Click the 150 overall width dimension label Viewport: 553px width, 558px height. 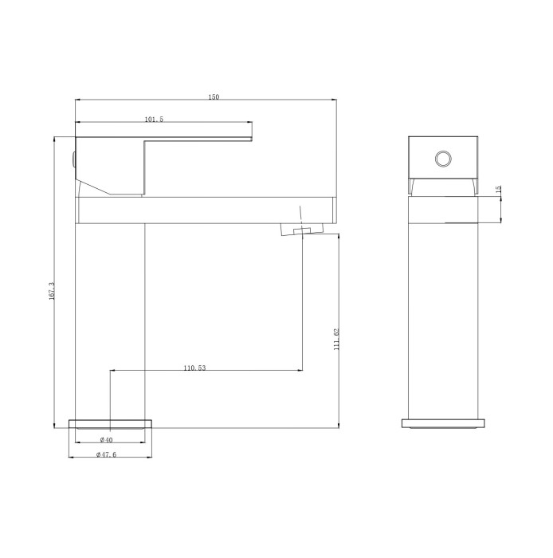point(214,97)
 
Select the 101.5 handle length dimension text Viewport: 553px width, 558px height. point(154,120)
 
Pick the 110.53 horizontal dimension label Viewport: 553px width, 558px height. point(194,368)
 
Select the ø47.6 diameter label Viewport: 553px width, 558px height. point(106,454)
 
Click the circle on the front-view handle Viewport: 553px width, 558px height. point(442,159)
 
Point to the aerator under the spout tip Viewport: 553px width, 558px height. point(302,230)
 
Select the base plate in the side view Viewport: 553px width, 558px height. point(111,423)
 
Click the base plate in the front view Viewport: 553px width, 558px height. point(442,423)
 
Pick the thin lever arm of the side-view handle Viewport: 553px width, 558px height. point(199,132)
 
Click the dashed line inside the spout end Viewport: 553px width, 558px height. point(300,214)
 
